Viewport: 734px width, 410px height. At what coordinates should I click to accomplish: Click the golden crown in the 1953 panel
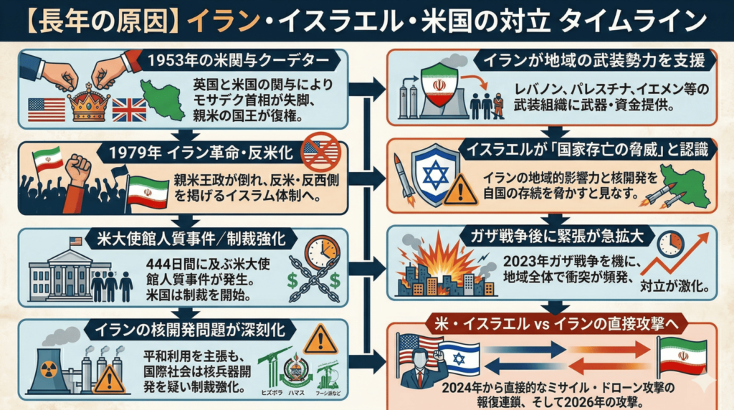click(89, 105)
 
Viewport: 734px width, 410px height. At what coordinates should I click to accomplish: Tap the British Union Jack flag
click(130, 109)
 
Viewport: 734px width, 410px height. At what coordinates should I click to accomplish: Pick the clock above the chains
click(320, 252)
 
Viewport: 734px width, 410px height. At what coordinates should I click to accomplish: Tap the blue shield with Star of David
click(435, 176)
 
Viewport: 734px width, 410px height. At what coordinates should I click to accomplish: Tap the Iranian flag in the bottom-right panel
click(682, 356)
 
